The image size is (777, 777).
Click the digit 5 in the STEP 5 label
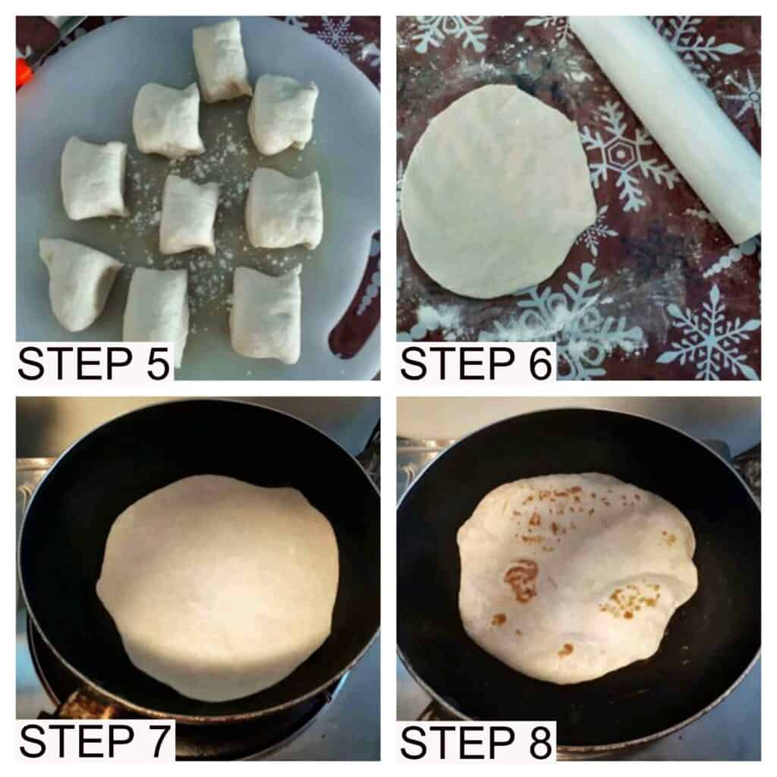point(157,363)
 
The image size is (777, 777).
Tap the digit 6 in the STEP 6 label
point(539,364)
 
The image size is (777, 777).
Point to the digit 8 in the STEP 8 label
point(539,742)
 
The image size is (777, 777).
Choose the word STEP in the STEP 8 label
point(458,742)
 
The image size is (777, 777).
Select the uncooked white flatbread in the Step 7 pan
point(218,587)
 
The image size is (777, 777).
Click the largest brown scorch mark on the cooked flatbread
point(521,580)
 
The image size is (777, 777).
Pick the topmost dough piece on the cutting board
point(222,61)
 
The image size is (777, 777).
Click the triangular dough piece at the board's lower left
point(78,284)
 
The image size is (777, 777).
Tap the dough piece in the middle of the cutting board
point(189,214)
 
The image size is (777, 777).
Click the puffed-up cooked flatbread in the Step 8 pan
point(577,577)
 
